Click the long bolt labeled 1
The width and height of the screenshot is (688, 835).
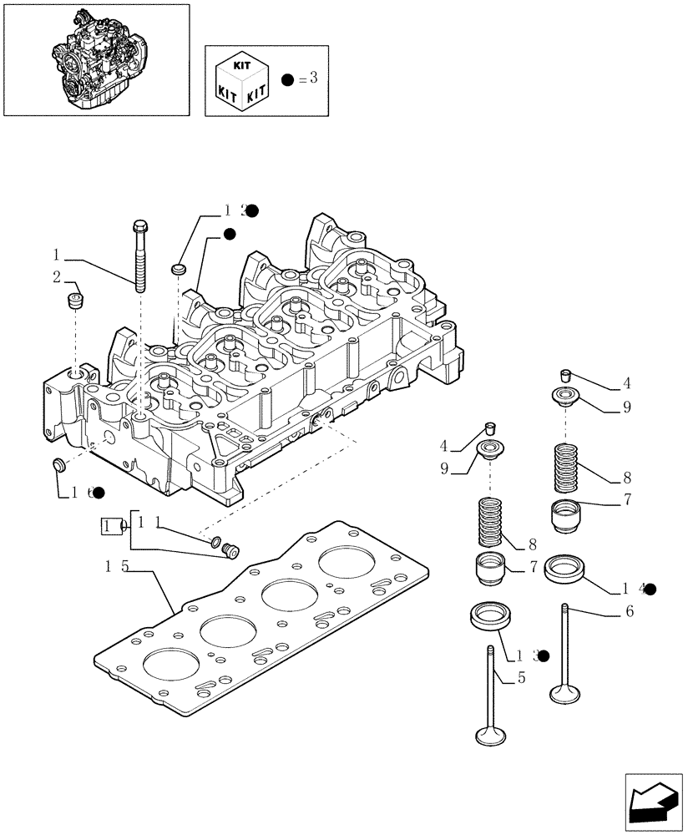coord(139,255)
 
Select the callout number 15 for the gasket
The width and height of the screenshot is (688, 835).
coord(117,567)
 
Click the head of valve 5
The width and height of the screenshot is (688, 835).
coord(490,736)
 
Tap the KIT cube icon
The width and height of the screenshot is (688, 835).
coord(241,79)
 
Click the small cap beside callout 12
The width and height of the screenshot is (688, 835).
coord(178,269)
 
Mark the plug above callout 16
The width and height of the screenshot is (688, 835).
coord(59,464)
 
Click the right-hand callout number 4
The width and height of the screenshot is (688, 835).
coord(626,385)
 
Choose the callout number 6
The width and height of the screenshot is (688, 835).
coord(629,611)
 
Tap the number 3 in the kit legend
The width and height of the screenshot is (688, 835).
coord(314,79)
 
